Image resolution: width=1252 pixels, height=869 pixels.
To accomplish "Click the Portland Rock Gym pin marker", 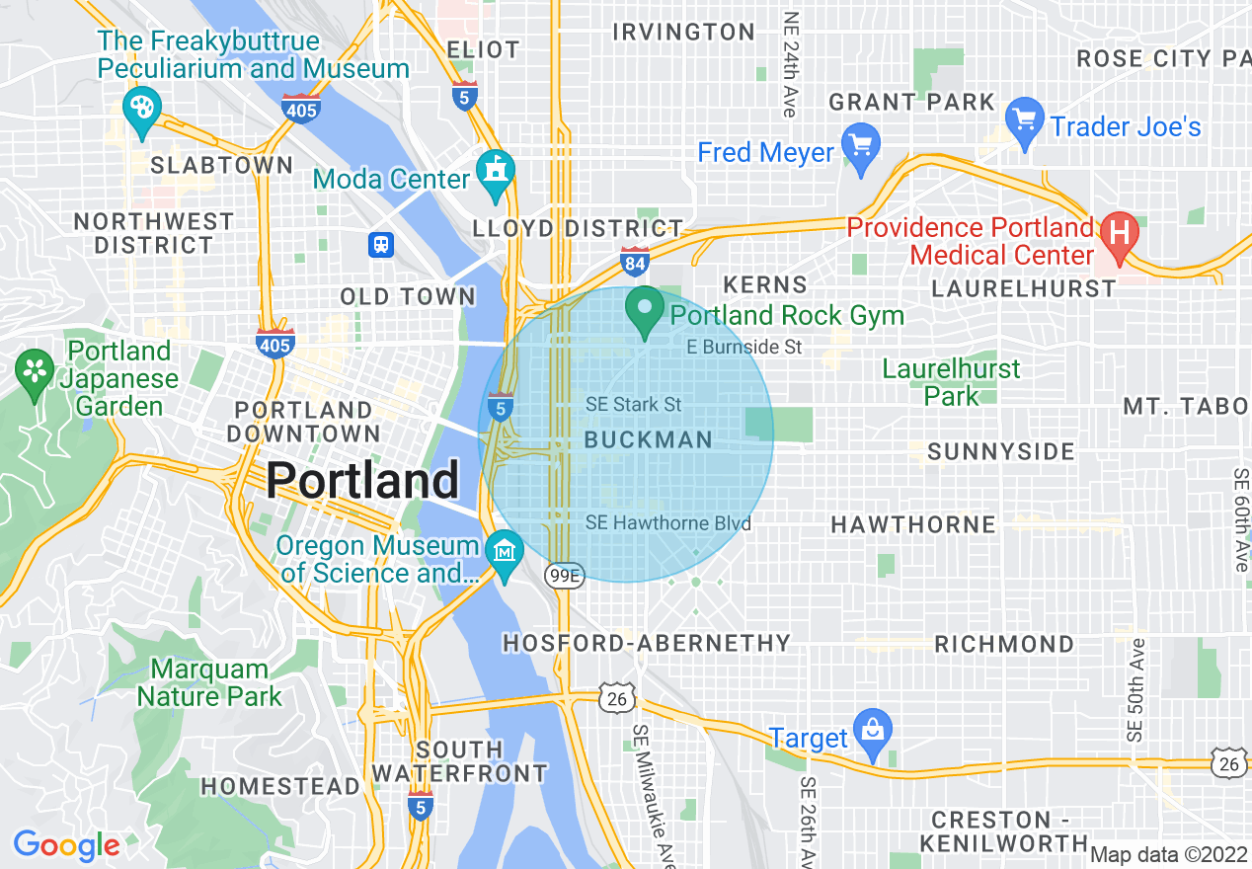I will (645, 310).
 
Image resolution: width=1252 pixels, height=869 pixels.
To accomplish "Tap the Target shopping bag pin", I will (872, 732).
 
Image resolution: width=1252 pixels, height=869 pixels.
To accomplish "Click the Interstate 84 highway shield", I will (634, 262).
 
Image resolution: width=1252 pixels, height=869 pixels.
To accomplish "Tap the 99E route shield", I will (563, 576).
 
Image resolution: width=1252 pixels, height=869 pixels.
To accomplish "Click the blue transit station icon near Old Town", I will (381, 243).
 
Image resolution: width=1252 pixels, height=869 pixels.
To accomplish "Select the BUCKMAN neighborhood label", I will (648, 440).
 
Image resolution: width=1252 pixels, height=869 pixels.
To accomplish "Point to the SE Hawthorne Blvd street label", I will (667, 523).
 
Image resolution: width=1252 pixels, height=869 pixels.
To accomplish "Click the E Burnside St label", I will (744, 347).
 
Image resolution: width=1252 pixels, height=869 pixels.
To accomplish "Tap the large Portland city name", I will (362, 481).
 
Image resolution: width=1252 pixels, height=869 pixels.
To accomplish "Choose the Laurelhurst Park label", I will (951, 382).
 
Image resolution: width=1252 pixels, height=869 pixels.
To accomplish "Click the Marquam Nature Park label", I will (209, 682).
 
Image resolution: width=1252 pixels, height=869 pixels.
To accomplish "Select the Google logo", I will (66, 845).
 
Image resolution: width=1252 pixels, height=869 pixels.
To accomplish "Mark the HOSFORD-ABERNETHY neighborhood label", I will (647, 644).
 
